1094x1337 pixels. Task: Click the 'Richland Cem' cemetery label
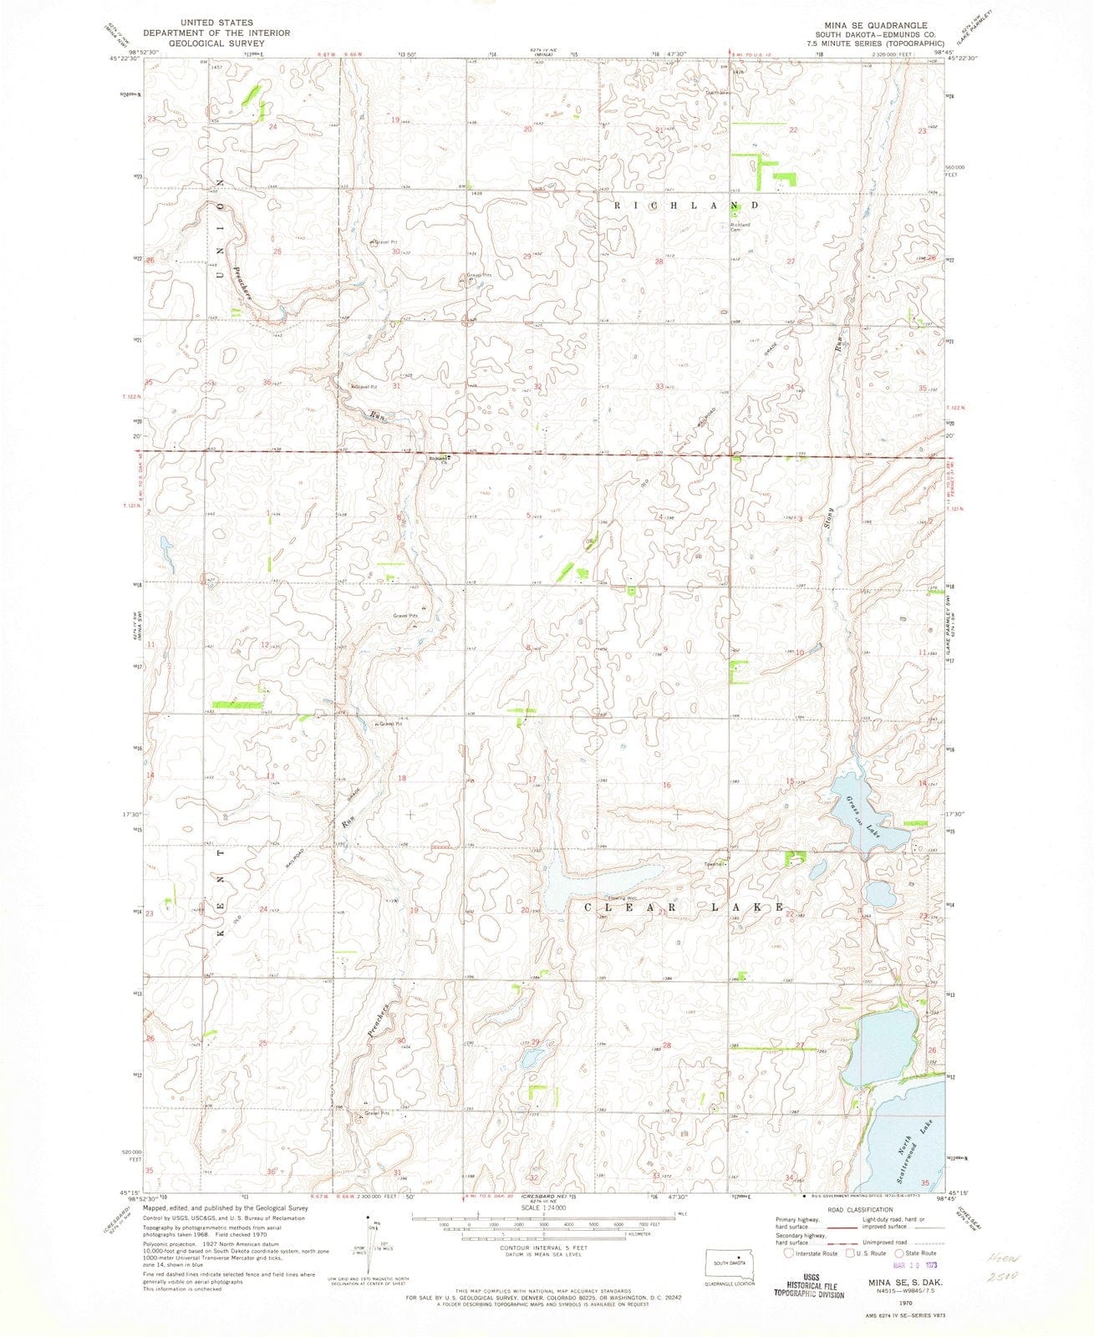[x=740, y=226]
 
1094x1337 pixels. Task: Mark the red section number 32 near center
[x=538, y=386]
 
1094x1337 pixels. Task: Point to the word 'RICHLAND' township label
[x=687, y=205]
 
